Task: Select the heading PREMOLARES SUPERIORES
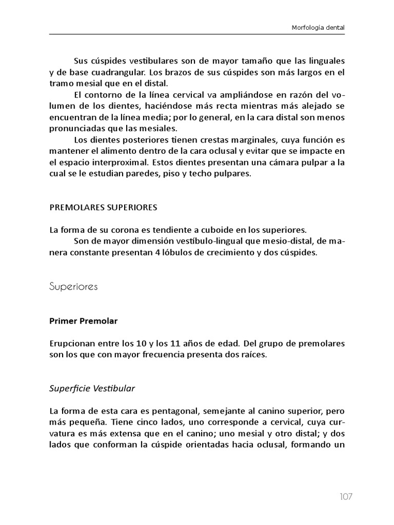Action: (x=103, y=208)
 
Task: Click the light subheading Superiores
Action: (x=73, y=287)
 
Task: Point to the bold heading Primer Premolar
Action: (x=84, y=321)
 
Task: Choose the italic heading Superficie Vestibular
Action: (x=92, y=388)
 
